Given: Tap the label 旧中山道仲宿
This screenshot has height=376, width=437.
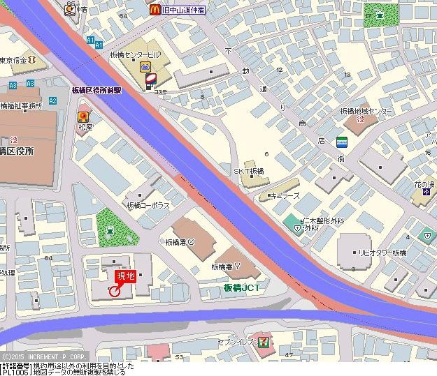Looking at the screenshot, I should coord(182,10).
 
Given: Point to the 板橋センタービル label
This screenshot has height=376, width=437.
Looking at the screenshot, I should coord(135,54).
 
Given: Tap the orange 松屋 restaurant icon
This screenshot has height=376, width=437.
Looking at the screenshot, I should coord(84,117).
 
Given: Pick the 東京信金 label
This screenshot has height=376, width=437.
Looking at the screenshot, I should coord(13,61).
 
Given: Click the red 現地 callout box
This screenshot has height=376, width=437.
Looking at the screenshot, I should coord(125,278).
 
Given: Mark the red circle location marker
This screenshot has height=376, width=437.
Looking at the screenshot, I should coord(115,292).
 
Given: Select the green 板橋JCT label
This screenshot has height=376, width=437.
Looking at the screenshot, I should coord(242,287).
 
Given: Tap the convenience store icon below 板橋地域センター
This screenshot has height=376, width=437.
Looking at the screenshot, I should coord(342,142).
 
